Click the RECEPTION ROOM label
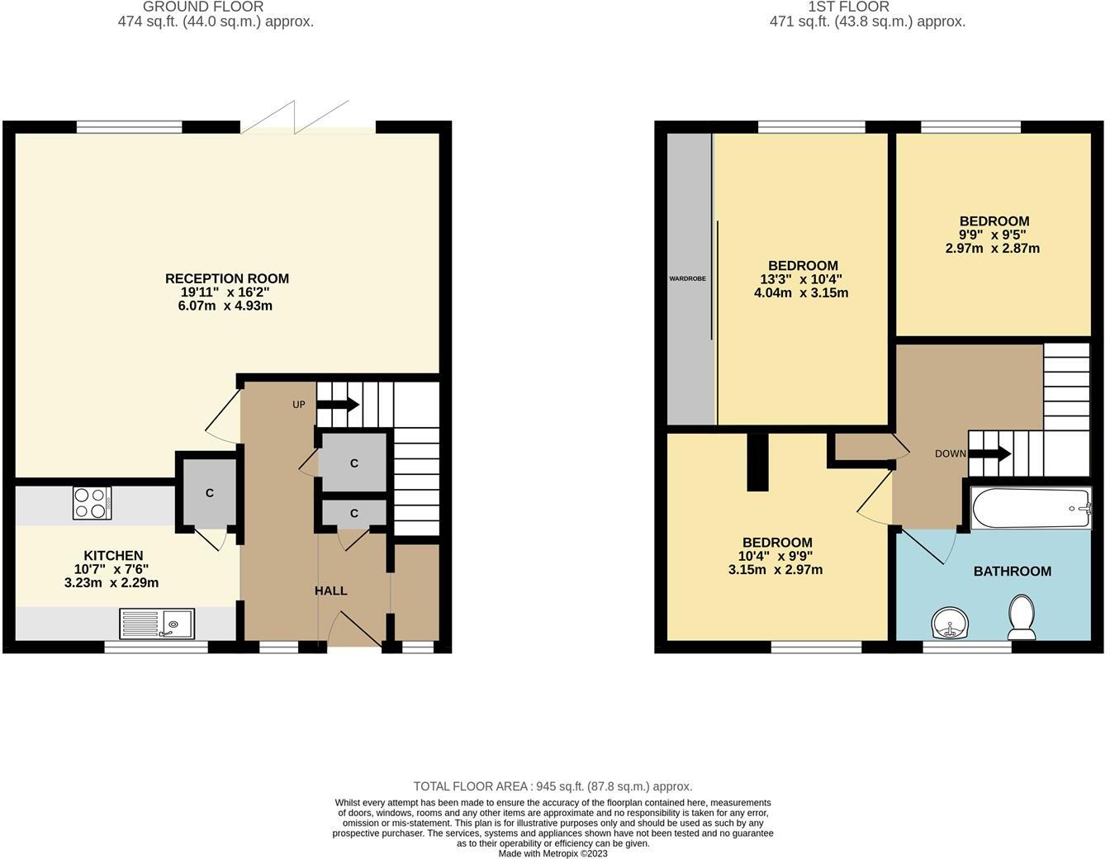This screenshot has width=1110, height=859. point(227,278)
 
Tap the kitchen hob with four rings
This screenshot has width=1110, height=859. point(92,503)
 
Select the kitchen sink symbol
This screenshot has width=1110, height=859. point(157,624)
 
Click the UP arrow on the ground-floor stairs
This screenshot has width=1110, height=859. point(337,405)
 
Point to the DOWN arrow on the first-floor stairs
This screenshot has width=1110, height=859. point(989,453)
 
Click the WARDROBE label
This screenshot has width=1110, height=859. point(687,278)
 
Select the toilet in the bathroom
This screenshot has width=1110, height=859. point(1022,617)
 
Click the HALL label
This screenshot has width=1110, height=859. point(330,591)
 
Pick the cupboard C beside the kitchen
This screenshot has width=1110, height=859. point(209,493)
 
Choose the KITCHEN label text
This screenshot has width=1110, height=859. point(113,556)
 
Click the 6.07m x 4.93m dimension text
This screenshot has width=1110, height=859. point(226,306)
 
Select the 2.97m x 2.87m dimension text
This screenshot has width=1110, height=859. point(993,248)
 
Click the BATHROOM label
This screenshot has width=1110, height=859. point(1012,571)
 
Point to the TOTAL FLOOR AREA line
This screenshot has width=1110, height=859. point(553,786)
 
